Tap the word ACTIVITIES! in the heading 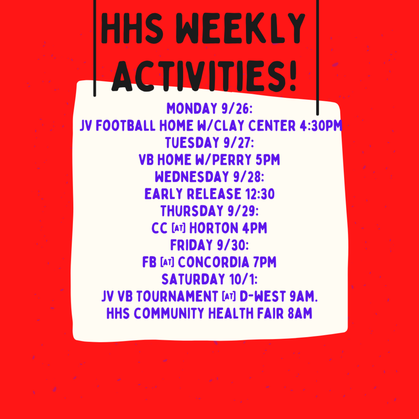click(x=204, y=76)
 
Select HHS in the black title click(x=132, y=28)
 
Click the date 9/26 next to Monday click(x=237, y=108)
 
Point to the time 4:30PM click(x=321, y=125)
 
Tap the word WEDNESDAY click(x=192, y=177)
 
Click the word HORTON click(x=214, y=228)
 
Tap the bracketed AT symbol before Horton click(x=178, y=228)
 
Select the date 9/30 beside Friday click(x=233, y=245)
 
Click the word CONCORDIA click(x=214, y=262)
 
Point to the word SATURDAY click(x=193, y=279)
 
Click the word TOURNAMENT click(x=177, y=296)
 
